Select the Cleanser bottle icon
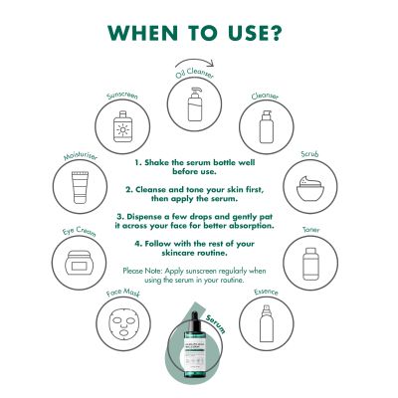(x=265, y=126)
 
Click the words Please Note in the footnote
(x=144, y=270)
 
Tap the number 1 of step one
(x=136, y=158)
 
